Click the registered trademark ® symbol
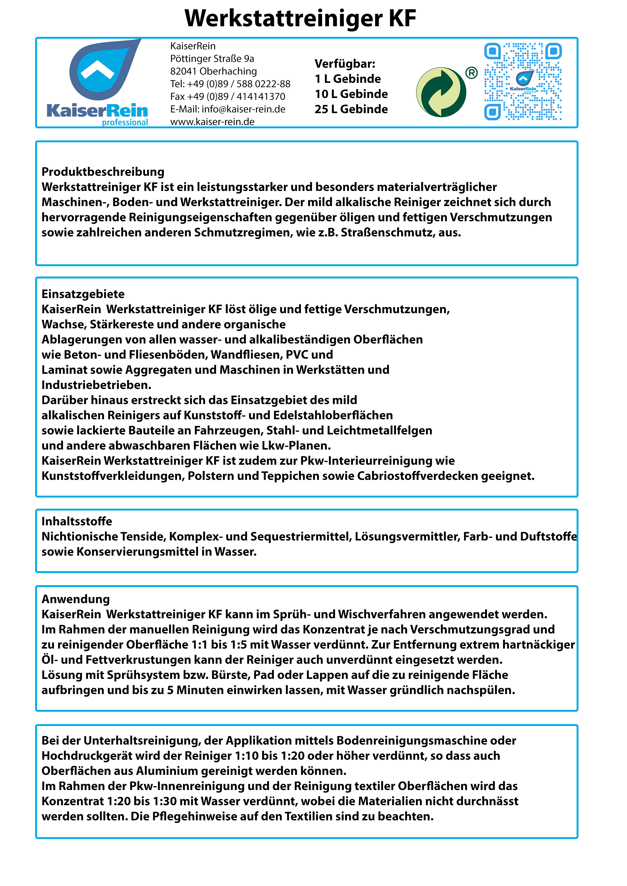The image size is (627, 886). [x=471, y=72]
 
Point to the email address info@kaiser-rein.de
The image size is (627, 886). [x=228, y=109]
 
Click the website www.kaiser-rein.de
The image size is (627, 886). [x=212, y=122]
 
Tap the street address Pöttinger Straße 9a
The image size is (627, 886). [x=212, y=59]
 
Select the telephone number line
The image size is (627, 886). [x=230, y=84]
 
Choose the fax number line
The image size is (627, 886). [x=228, y=96]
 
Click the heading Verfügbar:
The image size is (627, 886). [x=345, y=64]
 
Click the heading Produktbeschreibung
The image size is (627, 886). [x=103, y=172]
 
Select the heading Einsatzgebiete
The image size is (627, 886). [x=83, y=294]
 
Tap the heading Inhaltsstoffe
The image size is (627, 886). [x=77, y=521]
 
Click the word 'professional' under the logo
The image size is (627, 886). [x=125, y=123]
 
